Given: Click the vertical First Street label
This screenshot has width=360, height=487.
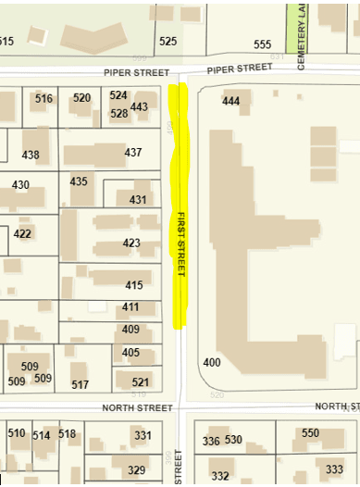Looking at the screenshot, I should tap(182, 243).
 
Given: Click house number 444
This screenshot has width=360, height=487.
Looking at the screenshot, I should tap(231, 101).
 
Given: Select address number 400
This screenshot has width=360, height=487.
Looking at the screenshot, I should tap(212, 362).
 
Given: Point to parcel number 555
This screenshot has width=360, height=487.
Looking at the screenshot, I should tap(262, 44).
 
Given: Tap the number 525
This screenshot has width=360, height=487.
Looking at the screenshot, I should tap(168, 42).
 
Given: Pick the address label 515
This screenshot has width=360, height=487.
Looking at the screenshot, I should tap(6, 42).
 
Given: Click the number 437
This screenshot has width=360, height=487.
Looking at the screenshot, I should tap(133, 153).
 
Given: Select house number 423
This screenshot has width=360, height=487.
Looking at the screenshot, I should tap(132, 243).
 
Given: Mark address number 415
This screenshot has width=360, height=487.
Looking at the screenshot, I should tap(134, 285).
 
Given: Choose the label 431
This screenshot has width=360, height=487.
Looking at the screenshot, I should tap(139, 200).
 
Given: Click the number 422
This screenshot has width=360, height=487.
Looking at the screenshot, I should tap(22, 233).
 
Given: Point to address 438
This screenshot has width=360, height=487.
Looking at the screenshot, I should tap(31, 155).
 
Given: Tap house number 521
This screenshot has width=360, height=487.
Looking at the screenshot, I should tap(141, 382).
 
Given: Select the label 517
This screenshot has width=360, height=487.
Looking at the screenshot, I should tap(81, 384).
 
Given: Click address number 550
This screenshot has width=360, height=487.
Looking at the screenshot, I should tap(310, 433).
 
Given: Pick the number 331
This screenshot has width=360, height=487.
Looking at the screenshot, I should tap(143, 435).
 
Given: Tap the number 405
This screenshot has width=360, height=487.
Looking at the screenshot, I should tap(130, 353).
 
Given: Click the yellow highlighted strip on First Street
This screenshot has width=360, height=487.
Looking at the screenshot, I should tap(180, 204).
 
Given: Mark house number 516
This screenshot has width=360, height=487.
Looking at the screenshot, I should tap(43, 99).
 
